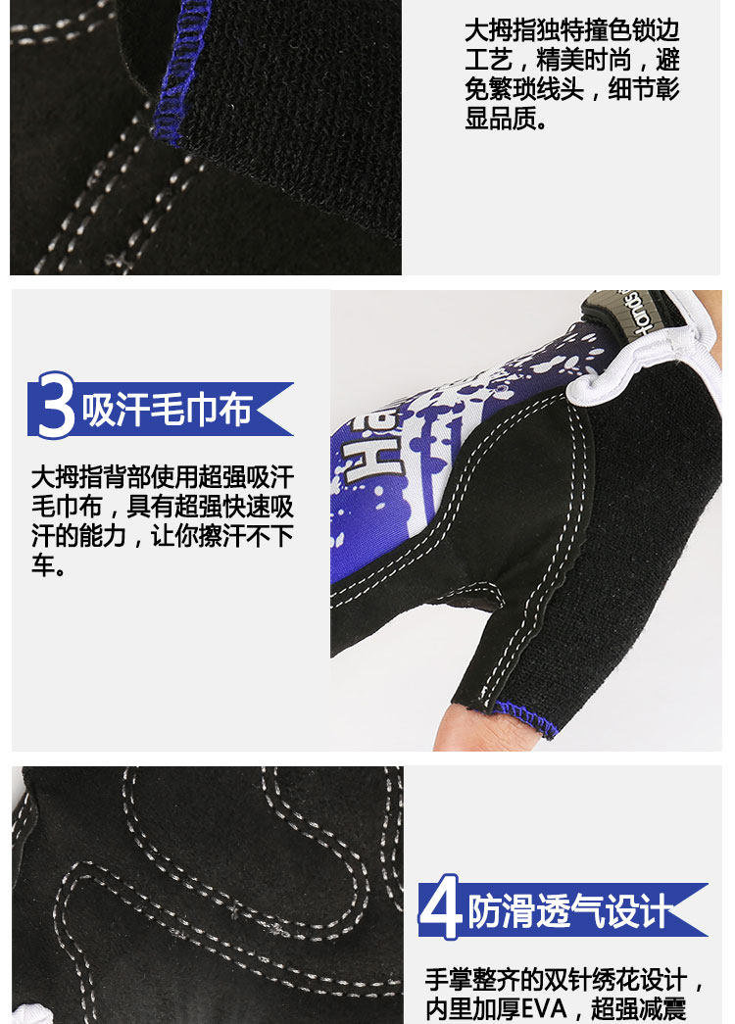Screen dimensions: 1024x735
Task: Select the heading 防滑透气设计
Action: click(568, 910)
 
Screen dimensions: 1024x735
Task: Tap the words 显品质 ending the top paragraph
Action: click(500, 121)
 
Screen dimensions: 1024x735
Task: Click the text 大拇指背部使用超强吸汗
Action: click(162, 477)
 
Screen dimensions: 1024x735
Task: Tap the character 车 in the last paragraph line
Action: click(42, 566)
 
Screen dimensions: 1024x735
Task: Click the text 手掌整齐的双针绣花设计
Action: click(554, 979)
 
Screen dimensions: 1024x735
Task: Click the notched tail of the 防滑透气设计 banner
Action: click(694, 910)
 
